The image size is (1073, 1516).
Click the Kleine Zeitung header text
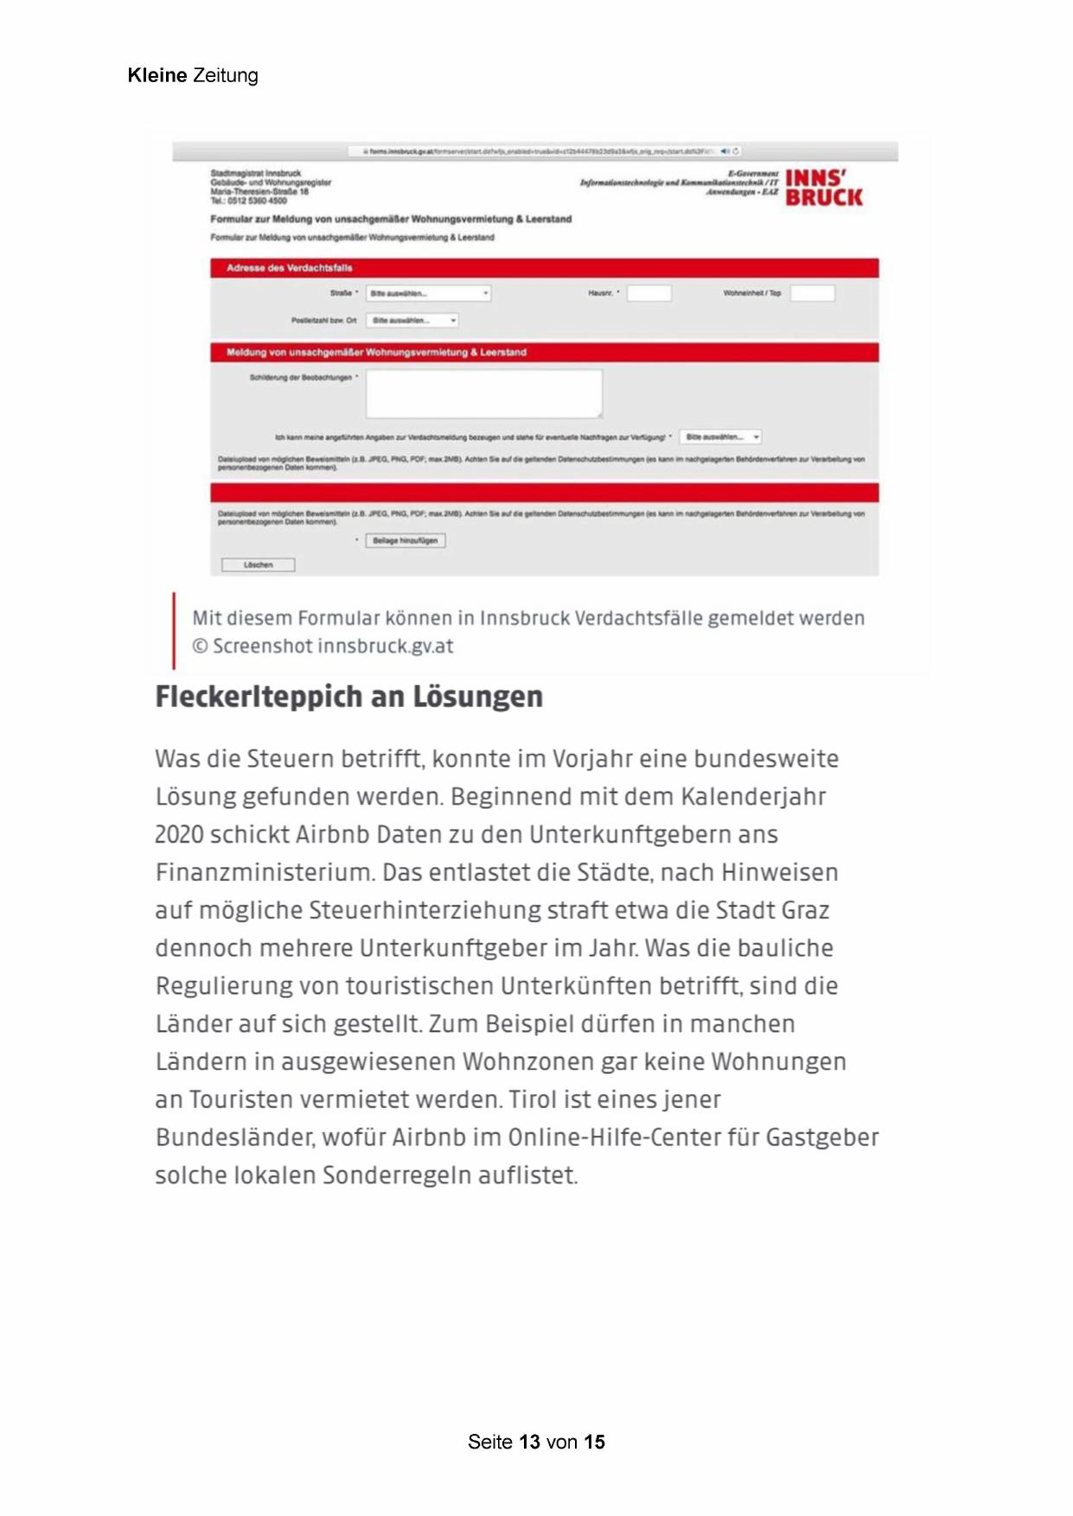click(x=192, y=76)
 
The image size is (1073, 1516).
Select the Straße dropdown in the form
click(x=428, y=294)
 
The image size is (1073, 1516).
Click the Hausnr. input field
click(x=648, y=294)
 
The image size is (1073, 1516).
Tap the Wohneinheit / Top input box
click(x=812, y=294)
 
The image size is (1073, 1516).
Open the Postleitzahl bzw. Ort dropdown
click(x=412, y=321)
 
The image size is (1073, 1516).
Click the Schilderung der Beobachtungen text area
click(x=483, y=394)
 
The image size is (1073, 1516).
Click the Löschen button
click(x=258, y=565)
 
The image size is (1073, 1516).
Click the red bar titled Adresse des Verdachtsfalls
click(x=544, y=268)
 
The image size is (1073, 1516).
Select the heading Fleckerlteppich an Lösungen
click(x=348, y=697)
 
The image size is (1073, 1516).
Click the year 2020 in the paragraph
click(x=179, y=835)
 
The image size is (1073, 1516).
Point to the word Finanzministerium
click(x=264, y=873)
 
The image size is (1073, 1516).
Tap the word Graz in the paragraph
click(x=805, y=911)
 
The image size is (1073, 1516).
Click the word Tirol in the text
click(x=533, y=1100)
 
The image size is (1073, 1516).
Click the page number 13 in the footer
click(x=529, y=1443)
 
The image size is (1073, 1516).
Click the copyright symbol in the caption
click(x=200, y=647)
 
